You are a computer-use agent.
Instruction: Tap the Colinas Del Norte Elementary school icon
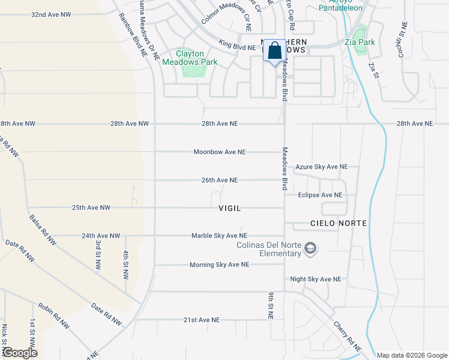click(310, 248)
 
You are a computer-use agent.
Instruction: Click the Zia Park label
click(360, 42)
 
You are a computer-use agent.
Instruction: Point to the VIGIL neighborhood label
click(229, 208)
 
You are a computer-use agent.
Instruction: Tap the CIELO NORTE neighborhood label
click(322, 223)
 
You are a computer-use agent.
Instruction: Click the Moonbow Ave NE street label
click(220, 152)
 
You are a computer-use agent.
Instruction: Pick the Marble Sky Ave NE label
click(219, 236)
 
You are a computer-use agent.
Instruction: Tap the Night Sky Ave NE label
click(315, 279)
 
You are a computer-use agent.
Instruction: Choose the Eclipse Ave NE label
click(320, 195)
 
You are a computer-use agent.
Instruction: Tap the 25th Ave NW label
click(91, 208)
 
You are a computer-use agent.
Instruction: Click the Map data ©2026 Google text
click(411, 355)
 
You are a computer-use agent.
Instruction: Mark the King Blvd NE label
click(237, 46)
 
